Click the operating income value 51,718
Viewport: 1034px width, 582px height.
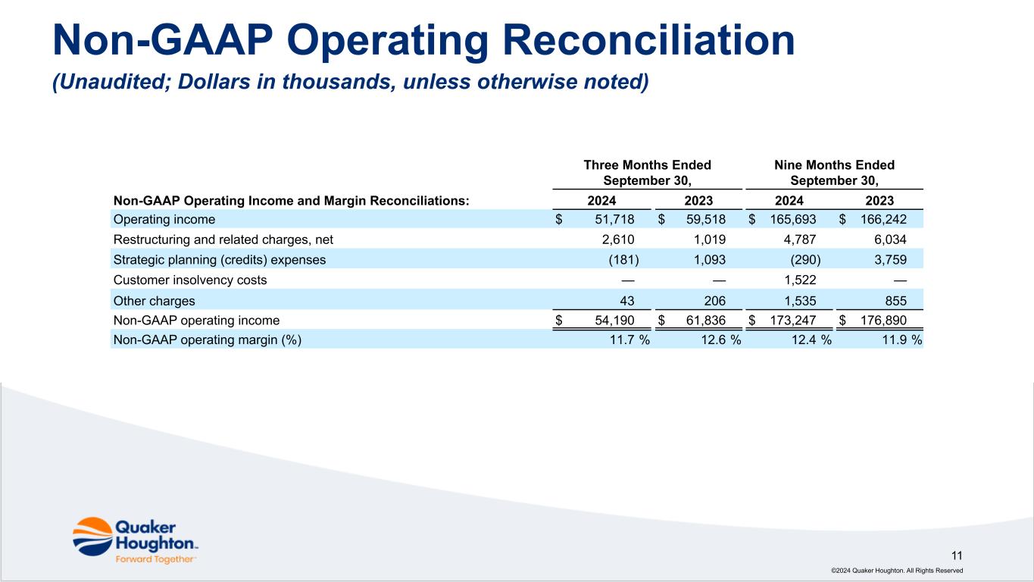[x=614, y=220]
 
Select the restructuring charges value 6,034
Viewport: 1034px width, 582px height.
[x=890, y=239]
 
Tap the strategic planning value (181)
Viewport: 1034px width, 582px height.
[x=623, y=260]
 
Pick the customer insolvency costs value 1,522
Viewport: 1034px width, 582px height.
[x=800, y=280]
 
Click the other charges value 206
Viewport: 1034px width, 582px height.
[x=714, y=301]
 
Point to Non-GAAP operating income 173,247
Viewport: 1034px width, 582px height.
[x=792, y=321]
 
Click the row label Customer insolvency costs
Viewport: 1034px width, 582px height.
[x=190, y=280]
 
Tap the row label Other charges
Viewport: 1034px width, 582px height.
[x=155, y=301]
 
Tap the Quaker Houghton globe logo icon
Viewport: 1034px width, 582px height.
[x=92, y=537]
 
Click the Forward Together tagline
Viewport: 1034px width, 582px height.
[x=155, y=559]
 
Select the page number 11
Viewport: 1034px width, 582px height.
[x=957, y=555]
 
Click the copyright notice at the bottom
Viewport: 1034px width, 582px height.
[x=897, y=571]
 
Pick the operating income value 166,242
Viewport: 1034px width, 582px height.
[x=883, y=220]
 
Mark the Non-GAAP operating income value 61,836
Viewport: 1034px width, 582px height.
[x=706, y=321]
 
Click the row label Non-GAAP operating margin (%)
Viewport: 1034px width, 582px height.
[x=208, y=340]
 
